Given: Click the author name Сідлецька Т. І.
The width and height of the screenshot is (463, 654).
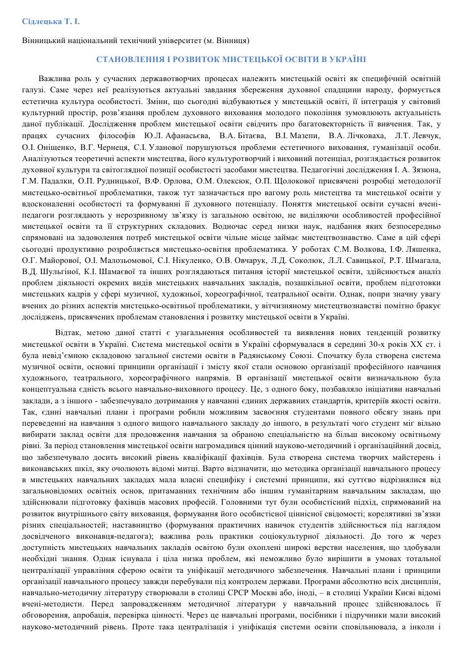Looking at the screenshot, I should click(x=51, y=21).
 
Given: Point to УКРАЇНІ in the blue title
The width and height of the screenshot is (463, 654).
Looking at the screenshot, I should click(x=348, y=59).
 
